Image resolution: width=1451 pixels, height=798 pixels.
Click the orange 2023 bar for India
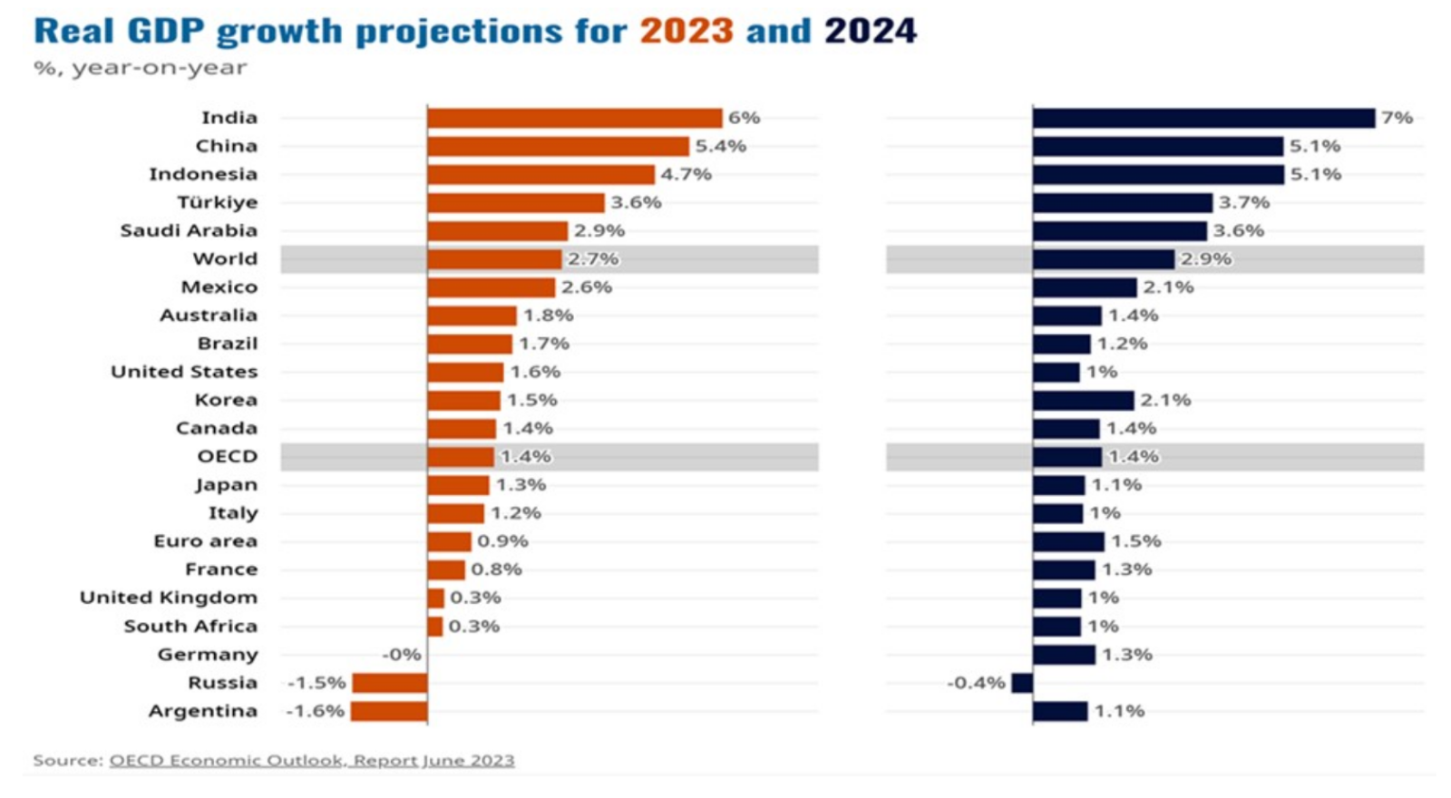[x=574, y=118]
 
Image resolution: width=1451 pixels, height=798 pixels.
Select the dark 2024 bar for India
[x=1203, y=118]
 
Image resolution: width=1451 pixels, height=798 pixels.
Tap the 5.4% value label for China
[x=720, y=146]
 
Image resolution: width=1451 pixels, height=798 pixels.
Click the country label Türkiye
[x=218, y=202]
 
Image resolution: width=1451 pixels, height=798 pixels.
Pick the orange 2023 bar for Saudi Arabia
[x=497, y=231]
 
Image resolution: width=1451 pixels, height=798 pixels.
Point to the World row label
[x=225, y=259]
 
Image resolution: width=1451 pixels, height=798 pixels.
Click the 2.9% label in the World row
[x=1205, y=259]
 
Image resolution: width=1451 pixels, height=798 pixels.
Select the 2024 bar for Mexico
[x=1084, y=287]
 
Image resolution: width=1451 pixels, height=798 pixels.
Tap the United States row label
[x=184, y=372]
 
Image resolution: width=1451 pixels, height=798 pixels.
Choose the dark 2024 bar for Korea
[x=1083, y=400]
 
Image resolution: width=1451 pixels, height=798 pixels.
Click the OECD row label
[x=228, y=456]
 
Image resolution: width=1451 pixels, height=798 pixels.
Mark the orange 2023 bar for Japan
[x=458, y=485]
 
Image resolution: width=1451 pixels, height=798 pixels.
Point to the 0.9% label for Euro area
[x=502, y=541]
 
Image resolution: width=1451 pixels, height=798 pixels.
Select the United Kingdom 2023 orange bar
[x=435, y=598]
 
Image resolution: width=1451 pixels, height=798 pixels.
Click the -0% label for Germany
[x=402, y=655]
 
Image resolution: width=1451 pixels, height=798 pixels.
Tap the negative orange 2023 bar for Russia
[x=389, y=683]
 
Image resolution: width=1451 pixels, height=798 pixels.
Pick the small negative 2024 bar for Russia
[x=1022, y=683]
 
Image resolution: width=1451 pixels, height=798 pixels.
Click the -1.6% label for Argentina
[x=315, y=711]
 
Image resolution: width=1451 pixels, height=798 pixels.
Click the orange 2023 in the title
[x=687, y=32]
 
